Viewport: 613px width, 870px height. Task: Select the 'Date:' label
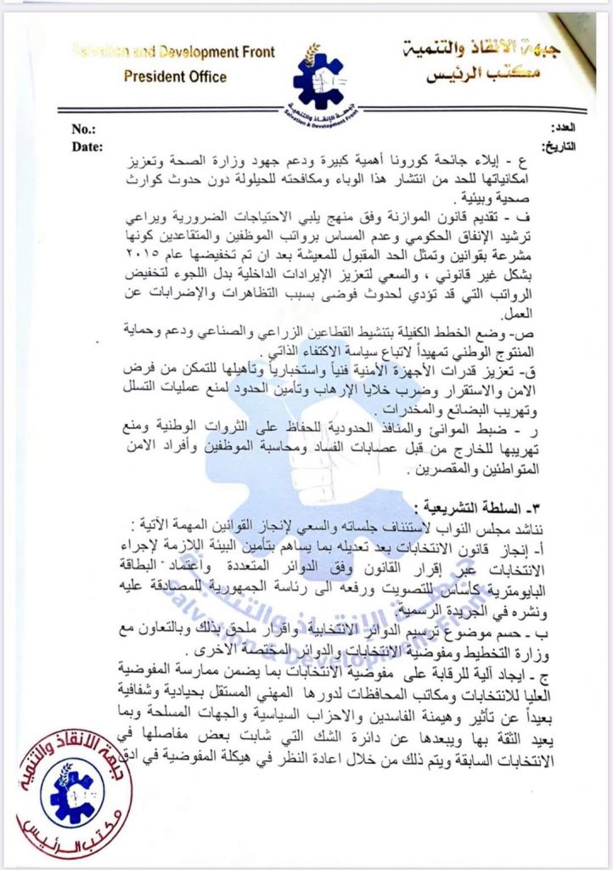pos(87,145)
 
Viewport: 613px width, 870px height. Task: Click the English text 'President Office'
pos(176,76)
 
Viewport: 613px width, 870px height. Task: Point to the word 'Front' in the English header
pos(256,52)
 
